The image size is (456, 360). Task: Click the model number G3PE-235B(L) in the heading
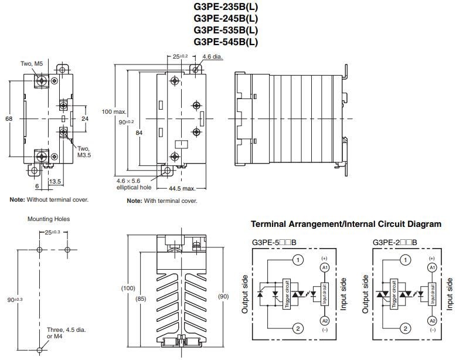(x=226, y=7)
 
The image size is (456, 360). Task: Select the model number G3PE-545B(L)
(x=226, y=42)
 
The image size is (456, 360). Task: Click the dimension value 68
(x=9, y=118)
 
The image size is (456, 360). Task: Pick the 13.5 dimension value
(x=56, y=182)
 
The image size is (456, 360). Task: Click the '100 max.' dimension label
(x=114, y=111)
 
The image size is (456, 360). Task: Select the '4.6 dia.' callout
(x=213, y=57)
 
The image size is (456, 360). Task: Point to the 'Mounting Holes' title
(x=49, y=219)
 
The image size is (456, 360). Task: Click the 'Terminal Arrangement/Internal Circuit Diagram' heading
(x=346, y=224)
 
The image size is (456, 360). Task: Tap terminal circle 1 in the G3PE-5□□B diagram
(x=298, y=260)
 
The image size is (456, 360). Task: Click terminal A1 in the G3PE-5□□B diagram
(x=324, y=267)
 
